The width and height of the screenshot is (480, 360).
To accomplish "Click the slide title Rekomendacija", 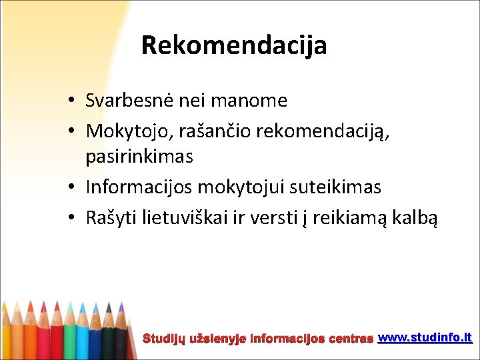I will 234,45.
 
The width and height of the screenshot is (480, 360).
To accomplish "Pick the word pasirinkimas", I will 139,157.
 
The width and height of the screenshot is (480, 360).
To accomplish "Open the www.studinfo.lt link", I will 425,338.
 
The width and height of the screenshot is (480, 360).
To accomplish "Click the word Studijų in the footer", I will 165,339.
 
